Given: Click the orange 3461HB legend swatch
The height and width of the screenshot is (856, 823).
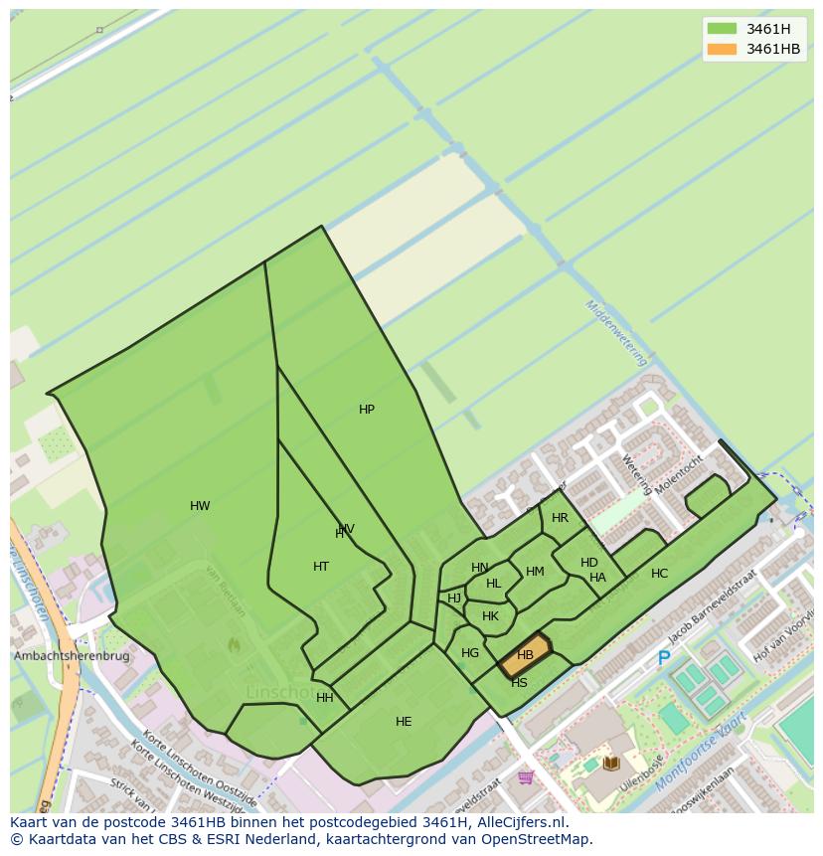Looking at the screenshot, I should click(x=723, y=50).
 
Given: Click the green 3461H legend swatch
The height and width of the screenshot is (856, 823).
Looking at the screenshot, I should click(x=723, y=29).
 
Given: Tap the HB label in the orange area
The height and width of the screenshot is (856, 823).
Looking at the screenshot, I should click(x=526, y=655).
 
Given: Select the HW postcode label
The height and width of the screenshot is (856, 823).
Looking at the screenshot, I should click(x=200, y=506).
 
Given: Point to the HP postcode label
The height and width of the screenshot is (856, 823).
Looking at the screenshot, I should click(x=367, y=410).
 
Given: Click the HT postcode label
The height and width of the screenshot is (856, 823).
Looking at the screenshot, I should click(x=321, y=567).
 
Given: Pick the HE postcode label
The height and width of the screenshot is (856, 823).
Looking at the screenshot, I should click(x=404, y=722).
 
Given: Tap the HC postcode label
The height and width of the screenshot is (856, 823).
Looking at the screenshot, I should click(x=659, y=574).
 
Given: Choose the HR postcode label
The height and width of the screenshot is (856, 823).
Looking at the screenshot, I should click(x=560, y=518).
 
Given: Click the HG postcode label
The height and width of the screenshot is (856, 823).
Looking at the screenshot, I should click(x=470, y=653).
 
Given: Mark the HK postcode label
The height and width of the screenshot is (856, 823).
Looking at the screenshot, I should click(x=490, y=616).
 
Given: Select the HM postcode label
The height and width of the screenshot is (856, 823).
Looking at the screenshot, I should click(x=535, y=572).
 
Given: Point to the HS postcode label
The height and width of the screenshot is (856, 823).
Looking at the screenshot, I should click(x=519, y=683).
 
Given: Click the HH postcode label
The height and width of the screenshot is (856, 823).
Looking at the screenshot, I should click(x=325, y=698).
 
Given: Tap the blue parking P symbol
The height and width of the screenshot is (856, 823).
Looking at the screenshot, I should click(x=664, y=658).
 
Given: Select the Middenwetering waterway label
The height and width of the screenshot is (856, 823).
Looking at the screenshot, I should click(x=617, y=332).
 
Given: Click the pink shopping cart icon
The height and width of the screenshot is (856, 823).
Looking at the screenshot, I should click(x=526, y=776).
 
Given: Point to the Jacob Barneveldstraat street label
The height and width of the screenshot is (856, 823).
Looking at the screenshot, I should click(x=713, y=605).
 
